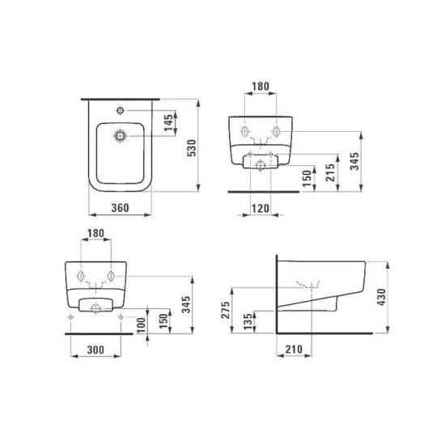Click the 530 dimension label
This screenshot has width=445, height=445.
pos(192,148)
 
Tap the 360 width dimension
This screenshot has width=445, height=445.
pos(120,208)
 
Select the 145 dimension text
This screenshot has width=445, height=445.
pos(168,123)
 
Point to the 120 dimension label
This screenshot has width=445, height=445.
pos(261,209)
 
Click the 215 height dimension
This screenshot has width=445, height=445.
pos(330,172)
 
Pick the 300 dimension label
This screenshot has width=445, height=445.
pos(95,350)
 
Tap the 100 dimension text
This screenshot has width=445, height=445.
pos(141,325)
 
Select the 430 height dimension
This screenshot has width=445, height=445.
pos(382,297)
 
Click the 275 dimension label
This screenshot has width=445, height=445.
pos(226,310)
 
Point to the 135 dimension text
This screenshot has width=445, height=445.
pos(248,321)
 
